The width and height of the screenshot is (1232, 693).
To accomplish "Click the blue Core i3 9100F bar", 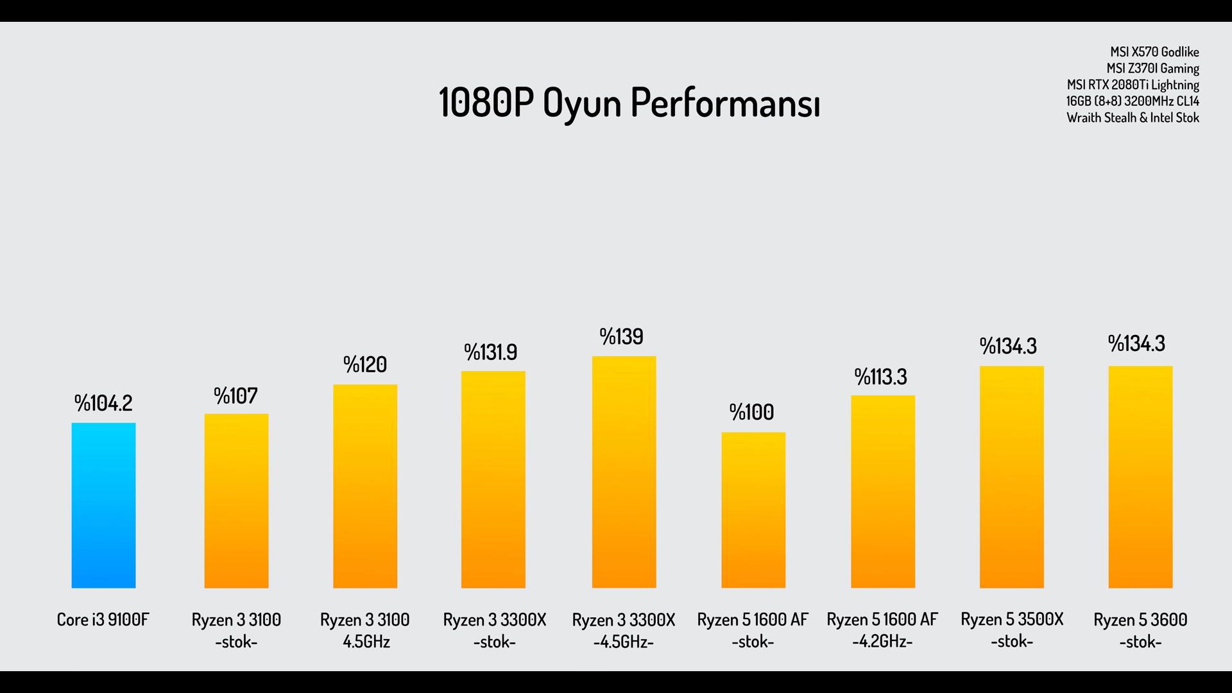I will pyautogui.click(x=103, y=506).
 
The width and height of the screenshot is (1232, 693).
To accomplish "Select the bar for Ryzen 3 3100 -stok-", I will pyautogui.click(x=236, y=501).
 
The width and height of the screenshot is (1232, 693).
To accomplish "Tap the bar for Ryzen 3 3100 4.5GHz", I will pyautogui.click(x=365, y=486).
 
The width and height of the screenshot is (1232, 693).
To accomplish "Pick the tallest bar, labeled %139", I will pyautogui.click(x=624, y=472).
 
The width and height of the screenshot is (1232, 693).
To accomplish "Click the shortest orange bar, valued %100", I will pyautogui.click(x=753, y=510).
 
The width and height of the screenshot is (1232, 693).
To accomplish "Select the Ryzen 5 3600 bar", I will pyautogui.click(x=1140, y=477).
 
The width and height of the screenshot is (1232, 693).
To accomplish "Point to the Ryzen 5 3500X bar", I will pyautogui.click(x=1011, y=477).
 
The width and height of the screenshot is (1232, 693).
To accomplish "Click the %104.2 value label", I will pyautogui.click(x=103, y=403).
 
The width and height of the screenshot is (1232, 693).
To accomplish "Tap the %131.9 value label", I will pyautogui.click(x=491, y=352).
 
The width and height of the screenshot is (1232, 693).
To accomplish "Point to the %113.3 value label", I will pyautogui.click(x=880, y=377).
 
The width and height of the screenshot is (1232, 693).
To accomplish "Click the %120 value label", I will pyautogui.click(x=365, y=364).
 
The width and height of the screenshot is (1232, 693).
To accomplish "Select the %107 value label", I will pyautogui.click(x=236, y=396).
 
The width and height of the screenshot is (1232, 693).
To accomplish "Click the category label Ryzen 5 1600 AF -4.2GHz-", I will pyautogui.click(x=882, y=630).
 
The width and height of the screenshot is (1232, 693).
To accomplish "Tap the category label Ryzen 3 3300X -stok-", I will pyautogui.click(x=495, y=630).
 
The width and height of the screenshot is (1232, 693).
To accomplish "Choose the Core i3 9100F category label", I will pyautogui.click(x=103, y=620).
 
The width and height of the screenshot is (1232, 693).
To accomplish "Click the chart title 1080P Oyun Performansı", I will pyautogui.click(x=629, y=103).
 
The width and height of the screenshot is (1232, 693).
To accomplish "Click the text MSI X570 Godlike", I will pyautogui.click(x=1154, y=52).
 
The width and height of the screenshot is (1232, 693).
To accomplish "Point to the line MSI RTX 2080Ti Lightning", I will pyautogui.click(x=1133, y=85).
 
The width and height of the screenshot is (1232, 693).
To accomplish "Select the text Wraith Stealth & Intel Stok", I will pyautogui.click(x=1133, y=118).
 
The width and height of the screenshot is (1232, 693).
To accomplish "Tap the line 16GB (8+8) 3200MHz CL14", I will pyautogui.click(x=1133, y=101).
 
